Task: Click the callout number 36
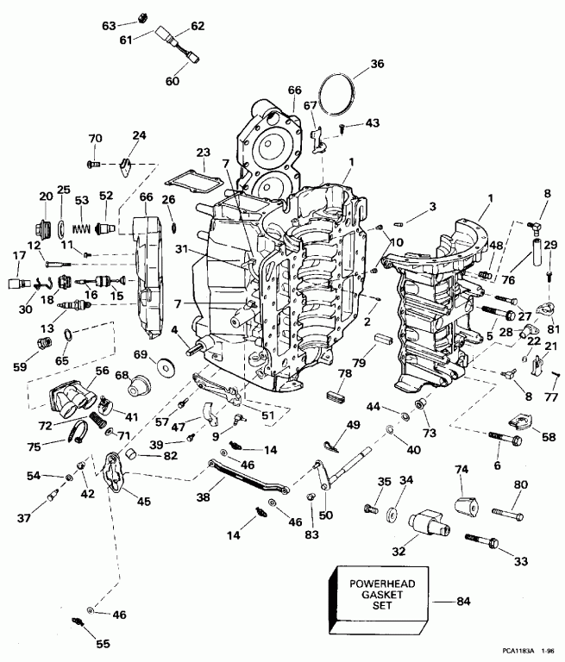pos(354,64)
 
